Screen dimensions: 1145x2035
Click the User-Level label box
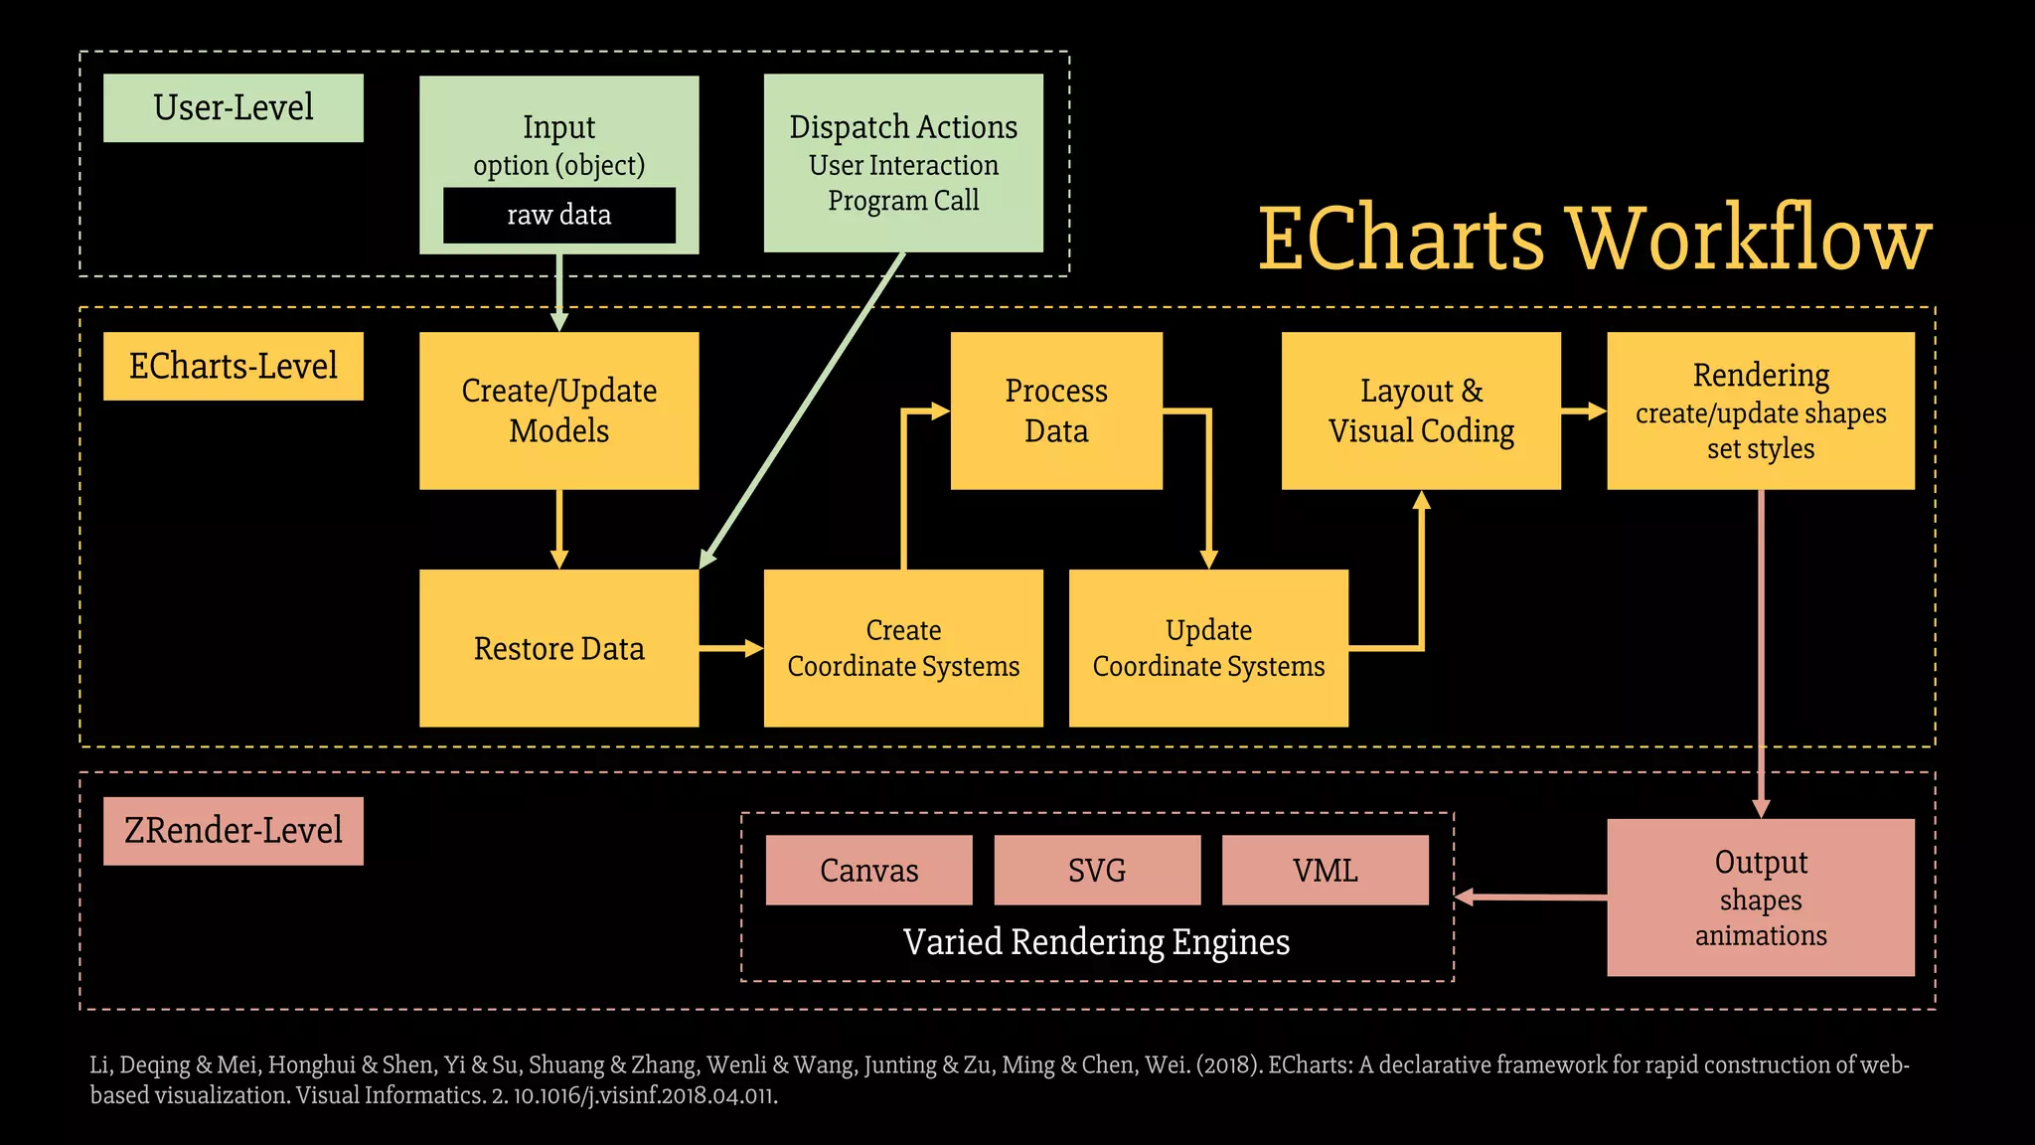233,107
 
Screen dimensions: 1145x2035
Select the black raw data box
558,215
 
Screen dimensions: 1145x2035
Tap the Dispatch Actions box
903,162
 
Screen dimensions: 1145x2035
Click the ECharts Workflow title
1594,239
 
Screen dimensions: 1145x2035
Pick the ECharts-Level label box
233,366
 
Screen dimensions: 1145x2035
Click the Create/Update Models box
558,410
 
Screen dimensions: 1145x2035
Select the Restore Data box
558,648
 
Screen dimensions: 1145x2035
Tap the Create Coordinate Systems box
903,648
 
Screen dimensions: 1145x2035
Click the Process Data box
1056,410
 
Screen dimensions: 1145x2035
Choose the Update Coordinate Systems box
1208,648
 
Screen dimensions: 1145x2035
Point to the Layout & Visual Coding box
1421,410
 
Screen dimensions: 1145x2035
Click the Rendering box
1761,410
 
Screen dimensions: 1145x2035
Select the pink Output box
1761,898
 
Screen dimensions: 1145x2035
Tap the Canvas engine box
868,870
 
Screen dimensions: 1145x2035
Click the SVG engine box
1097,870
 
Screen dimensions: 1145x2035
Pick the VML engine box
1325,870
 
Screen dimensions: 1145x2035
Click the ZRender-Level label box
233,831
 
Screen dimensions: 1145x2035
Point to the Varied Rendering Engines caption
1096,941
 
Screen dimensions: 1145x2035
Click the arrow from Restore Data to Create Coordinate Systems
730,648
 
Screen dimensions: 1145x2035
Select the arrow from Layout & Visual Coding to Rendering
1583,410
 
